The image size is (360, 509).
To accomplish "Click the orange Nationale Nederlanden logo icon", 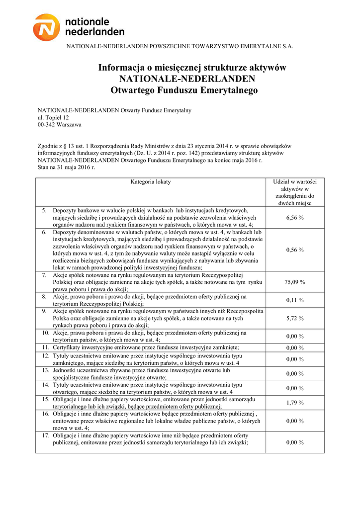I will (47, 27).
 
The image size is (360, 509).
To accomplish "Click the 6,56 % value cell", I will (295, 218).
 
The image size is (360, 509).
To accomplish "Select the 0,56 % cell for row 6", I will (295, 250).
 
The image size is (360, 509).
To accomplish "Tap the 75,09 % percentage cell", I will (295, 282).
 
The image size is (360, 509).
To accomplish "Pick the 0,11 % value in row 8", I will (295, 300).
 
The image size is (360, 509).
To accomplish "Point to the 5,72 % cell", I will (295, 319).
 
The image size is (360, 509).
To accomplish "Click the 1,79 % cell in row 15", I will (295, 403).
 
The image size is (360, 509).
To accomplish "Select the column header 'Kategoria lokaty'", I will (151, 182).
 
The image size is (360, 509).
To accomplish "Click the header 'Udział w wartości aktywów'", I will (295, 192).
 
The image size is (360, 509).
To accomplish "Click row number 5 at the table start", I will (44, 211).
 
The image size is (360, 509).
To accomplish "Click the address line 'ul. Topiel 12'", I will (54, 118).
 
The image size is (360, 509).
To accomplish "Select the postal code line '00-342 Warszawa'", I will (60, 125).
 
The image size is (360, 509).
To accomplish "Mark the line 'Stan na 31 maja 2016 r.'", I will (66, 168).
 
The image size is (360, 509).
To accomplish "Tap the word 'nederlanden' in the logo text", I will (95, 32).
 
